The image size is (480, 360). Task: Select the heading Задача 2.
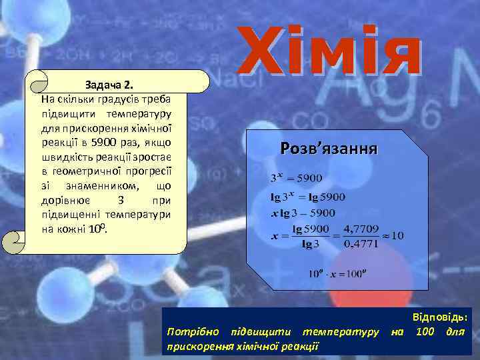pos(110,86)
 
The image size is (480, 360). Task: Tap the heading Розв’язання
pos(329,148)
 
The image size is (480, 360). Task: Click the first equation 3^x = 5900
pos(295,178)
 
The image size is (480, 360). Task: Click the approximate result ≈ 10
pos(392,237)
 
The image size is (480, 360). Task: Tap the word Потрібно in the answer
pos(190,331)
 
